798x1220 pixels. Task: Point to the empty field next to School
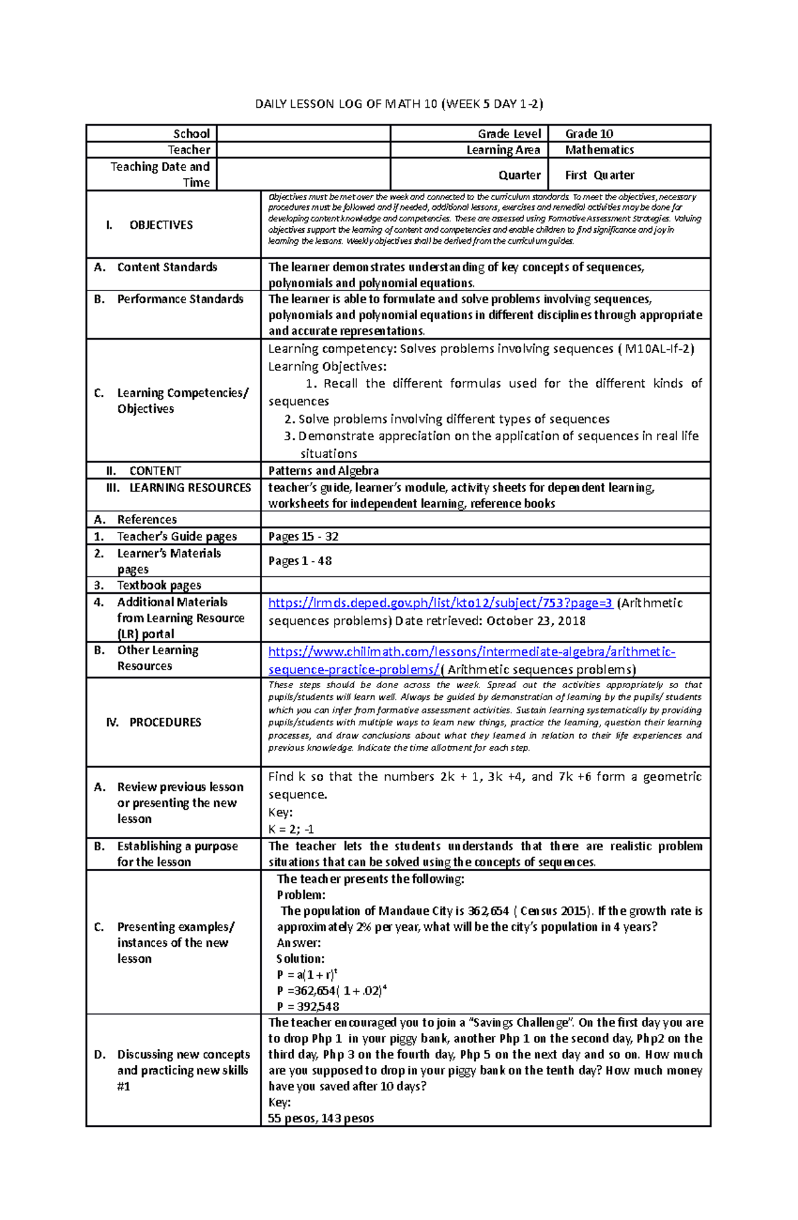[303, 134]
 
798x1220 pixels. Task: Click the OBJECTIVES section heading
[160, 225]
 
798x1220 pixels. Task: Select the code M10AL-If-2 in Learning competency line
[659, 349]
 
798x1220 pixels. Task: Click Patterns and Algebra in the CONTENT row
[323, 471]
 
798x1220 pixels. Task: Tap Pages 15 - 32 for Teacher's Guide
[303, 537]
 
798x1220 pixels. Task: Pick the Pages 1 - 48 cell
[300, 561]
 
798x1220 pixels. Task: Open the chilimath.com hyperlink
[471, 652]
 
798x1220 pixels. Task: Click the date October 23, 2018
[536, 621]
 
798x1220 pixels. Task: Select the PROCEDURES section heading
[164, 722]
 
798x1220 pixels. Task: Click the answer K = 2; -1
[291, 829]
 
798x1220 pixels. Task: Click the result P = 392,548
[308, 1007]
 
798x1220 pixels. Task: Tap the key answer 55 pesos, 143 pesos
[321, 1118]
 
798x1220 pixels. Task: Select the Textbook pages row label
[159, 585]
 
